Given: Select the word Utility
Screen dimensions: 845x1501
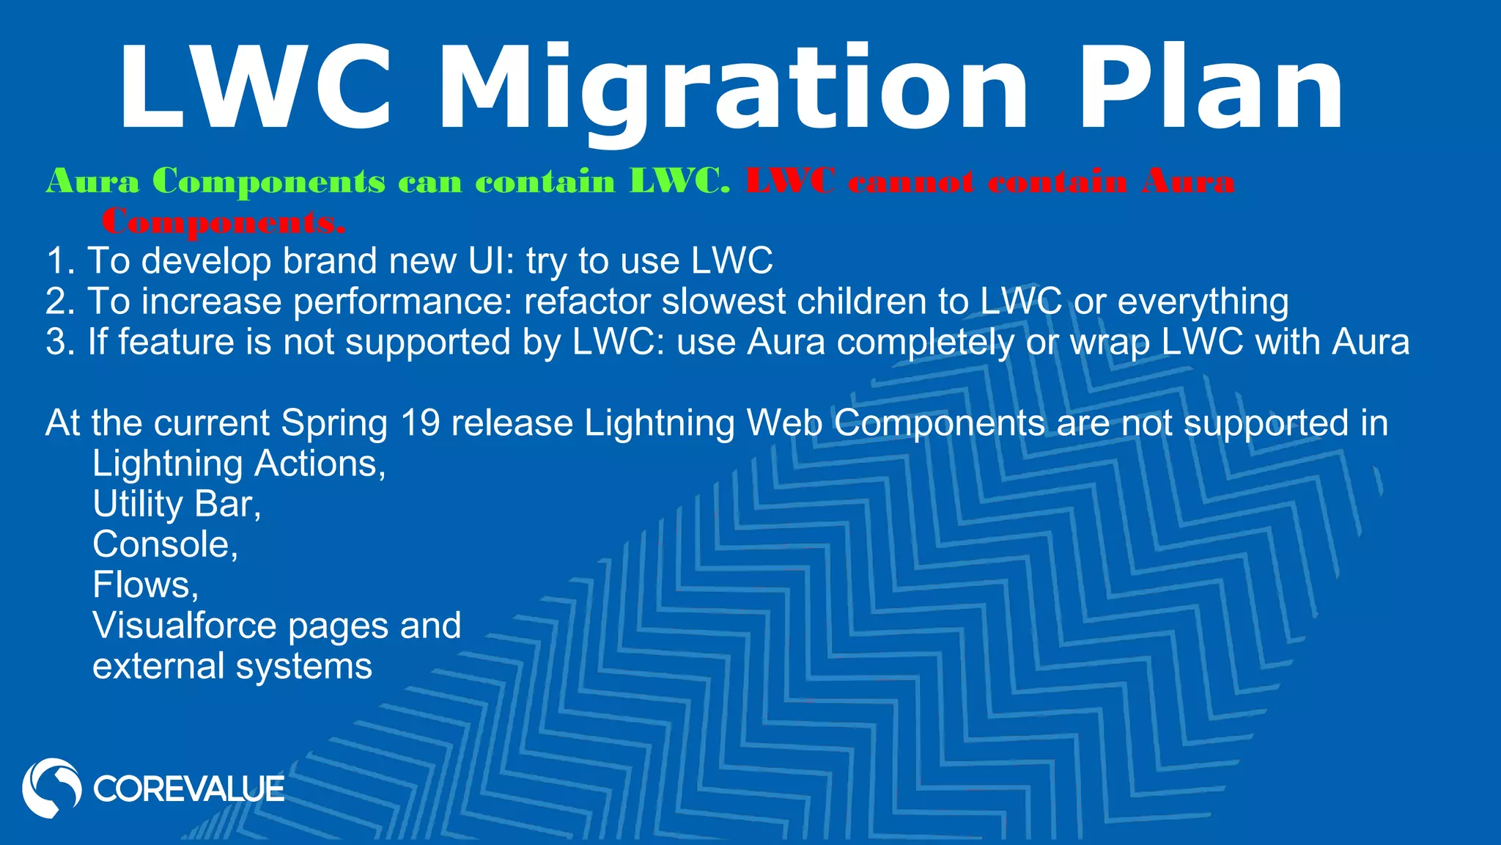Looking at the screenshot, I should pyautogui.click(x=138, y=505).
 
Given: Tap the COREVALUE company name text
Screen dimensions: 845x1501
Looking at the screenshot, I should pyautogui.click(x=188, y=789).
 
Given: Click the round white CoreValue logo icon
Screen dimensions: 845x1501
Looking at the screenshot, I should pyautogui.click(x=51, y=789).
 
